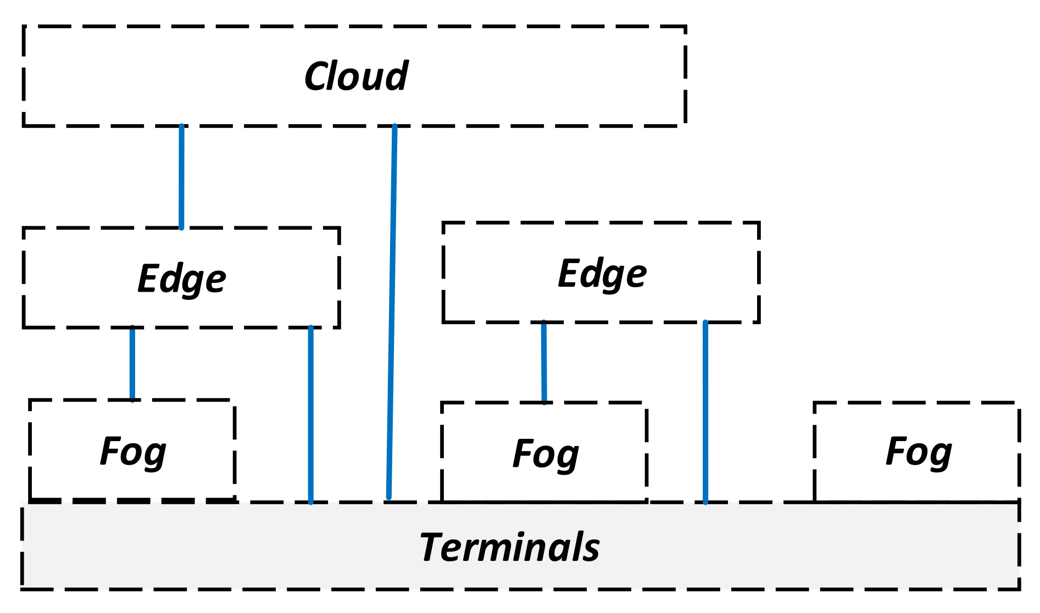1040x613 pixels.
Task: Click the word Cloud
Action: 355,76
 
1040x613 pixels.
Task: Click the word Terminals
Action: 509,548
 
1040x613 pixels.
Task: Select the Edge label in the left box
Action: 181,278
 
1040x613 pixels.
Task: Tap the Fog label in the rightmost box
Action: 919,452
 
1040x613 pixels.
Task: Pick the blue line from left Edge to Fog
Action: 132,364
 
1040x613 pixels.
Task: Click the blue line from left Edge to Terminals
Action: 310,415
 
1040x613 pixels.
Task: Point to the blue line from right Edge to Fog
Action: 544,363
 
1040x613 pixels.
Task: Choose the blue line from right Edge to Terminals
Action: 705,412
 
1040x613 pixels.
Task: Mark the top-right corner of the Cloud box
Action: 685,26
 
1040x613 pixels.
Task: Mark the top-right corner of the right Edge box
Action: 759,223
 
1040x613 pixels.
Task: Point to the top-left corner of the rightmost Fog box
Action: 815,403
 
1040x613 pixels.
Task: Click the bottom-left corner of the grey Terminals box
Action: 23,588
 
